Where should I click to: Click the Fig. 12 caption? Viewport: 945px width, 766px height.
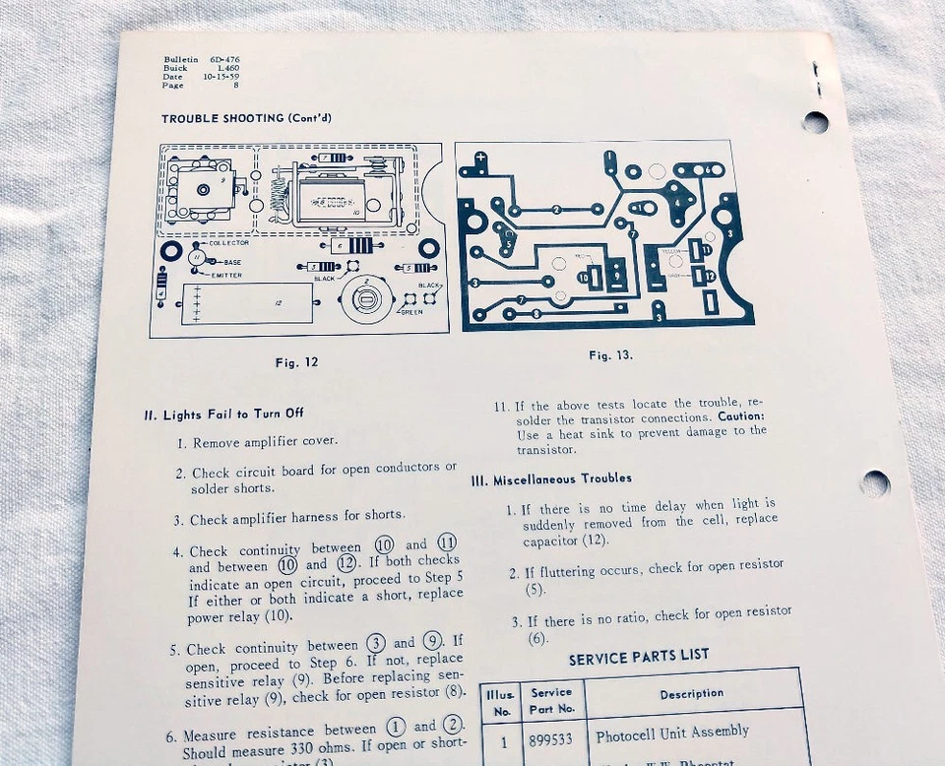point(296,362)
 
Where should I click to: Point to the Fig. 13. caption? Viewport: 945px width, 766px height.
point(610,355)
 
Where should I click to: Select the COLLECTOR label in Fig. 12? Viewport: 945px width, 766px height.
point(229,243)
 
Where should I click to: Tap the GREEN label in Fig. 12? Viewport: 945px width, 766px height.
point(411,313)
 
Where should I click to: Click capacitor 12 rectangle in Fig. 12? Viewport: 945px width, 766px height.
point(248,303)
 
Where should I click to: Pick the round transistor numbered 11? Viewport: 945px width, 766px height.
point(196,258)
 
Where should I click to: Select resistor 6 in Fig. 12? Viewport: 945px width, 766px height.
point(350,245)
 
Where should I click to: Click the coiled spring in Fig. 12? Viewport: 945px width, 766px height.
point(280,193)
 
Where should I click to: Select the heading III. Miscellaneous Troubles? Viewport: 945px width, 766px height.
point(551,479)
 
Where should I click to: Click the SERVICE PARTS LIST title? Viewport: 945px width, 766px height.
point(638,657)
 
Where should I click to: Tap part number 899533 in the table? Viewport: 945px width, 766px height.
point(550,734)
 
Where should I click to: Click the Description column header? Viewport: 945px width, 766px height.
point(691,693)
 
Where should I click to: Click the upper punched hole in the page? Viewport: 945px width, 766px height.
point(815,122)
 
